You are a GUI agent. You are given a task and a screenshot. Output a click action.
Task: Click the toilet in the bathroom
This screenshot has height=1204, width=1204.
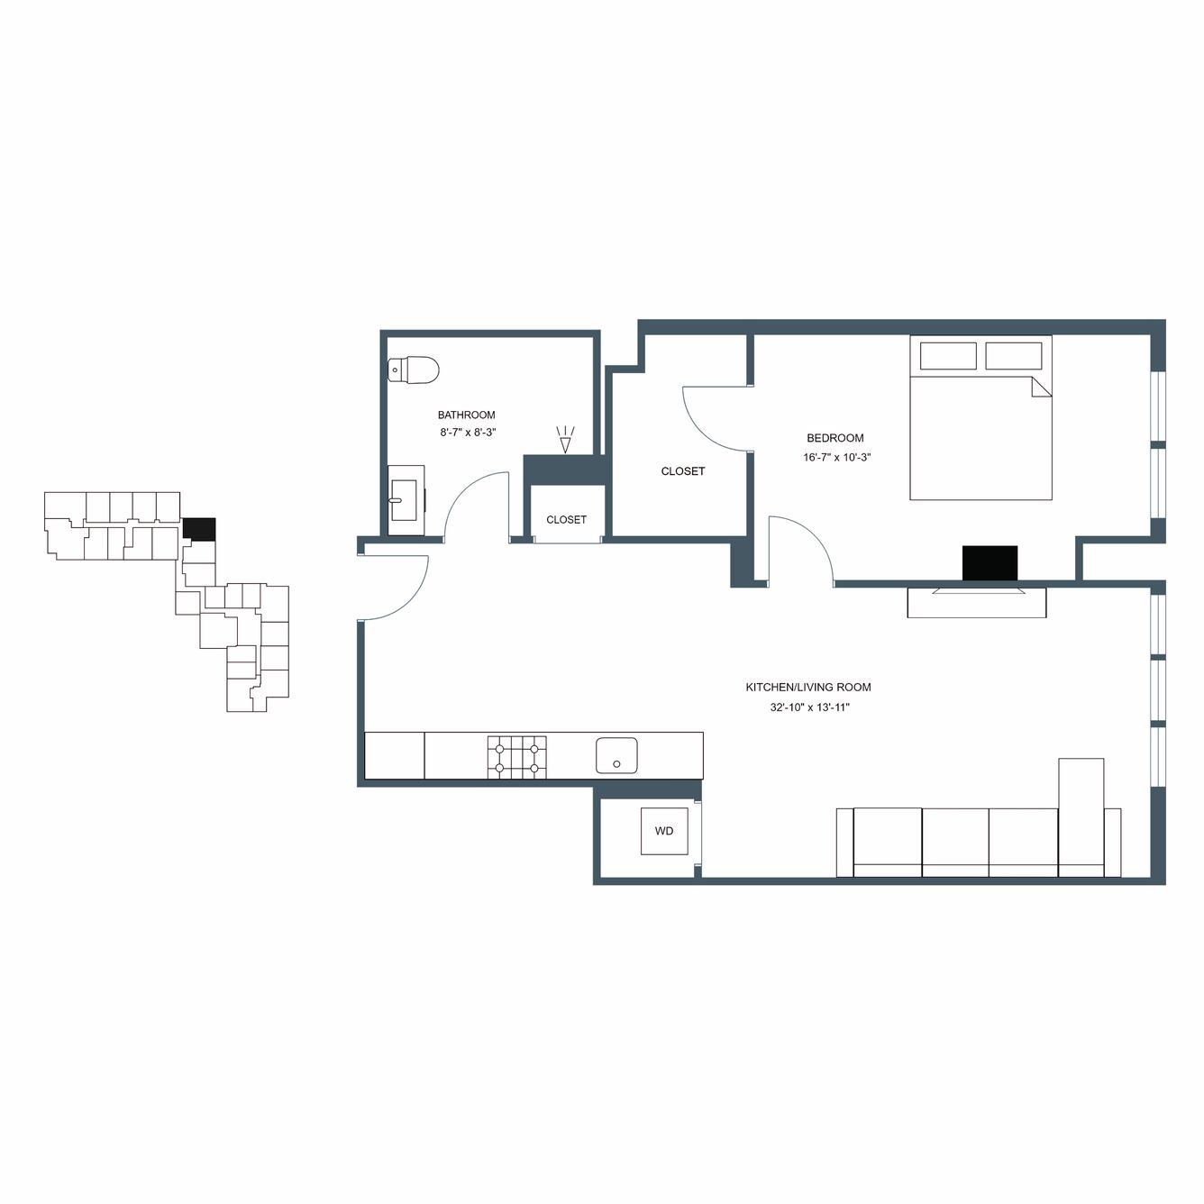(413, 369)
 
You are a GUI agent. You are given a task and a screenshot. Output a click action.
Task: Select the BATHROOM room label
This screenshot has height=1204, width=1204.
(466, 415)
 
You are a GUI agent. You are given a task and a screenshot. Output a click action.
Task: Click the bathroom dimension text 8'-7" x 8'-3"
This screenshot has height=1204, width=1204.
(468, 433)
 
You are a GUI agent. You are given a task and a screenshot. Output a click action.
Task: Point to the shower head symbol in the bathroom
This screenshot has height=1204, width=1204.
(565, 439)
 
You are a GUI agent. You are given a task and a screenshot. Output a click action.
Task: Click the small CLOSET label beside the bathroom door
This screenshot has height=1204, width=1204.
(566, 519)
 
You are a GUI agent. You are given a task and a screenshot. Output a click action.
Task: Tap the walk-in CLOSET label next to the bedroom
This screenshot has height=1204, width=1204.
(683, 471)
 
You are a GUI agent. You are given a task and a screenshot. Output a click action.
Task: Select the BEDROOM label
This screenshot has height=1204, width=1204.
(835, 438)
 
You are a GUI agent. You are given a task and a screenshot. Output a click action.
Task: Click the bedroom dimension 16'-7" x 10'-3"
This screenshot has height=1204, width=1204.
(836, 457)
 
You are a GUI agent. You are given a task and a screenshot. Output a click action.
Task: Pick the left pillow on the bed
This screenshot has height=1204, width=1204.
(948, 356)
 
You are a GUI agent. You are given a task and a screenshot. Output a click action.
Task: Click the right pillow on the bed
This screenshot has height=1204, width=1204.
(1014, 356)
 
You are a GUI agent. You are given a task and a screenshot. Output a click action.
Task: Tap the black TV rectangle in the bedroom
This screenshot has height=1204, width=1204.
(990, 563)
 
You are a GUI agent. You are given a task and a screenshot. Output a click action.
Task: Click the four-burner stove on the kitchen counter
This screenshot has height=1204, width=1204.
(516, 757)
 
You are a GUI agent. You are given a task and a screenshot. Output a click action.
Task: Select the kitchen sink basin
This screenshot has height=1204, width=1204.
(616, 755)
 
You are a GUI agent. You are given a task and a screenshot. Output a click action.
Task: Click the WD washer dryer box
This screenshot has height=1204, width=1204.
(664, 831)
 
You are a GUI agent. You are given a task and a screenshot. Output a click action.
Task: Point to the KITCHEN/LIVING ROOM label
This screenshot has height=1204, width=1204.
(807, 688)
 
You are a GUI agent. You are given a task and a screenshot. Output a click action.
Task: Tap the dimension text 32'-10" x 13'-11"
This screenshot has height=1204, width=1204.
(810, 708)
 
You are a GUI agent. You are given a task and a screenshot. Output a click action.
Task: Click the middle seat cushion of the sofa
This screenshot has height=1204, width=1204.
(955, 836)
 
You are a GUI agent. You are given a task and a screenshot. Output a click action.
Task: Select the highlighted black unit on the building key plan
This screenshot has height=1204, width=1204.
(199, 529)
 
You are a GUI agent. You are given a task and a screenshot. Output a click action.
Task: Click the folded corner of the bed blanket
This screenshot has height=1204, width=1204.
(1042, 387)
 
